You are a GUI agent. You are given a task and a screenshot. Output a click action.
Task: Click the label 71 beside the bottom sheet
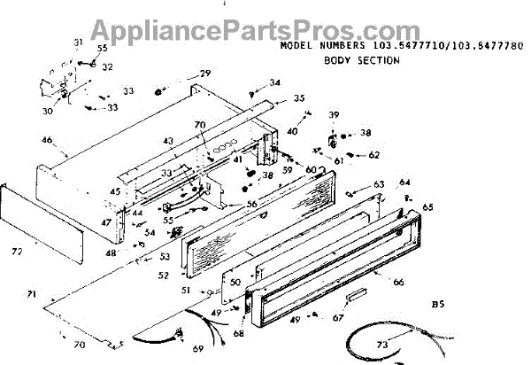pos(32,293)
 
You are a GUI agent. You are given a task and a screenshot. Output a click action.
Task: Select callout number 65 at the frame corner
pos(428,207)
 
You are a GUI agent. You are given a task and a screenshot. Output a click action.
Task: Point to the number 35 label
pos(299,98)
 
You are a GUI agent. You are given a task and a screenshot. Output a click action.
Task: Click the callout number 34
pos(275,83)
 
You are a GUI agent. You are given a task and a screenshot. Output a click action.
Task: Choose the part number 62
pos(373,155)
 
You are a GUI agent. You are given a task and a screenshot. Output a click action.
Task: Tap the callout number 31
pos(77,43)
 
